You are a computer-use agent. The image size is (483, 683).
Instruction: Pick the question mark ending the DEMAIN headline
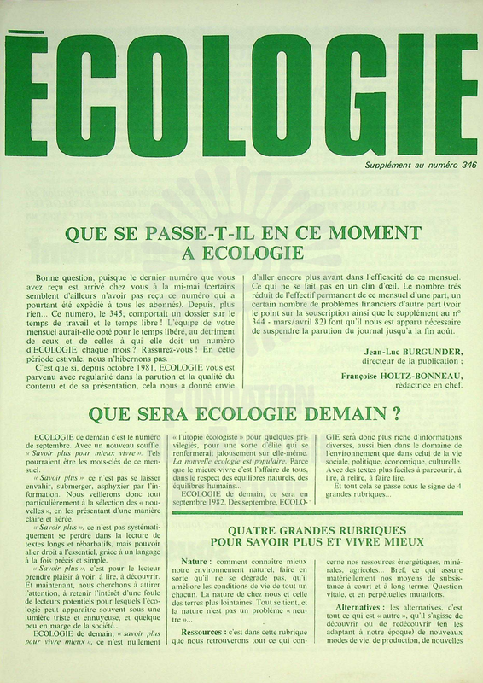(397, 416)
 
